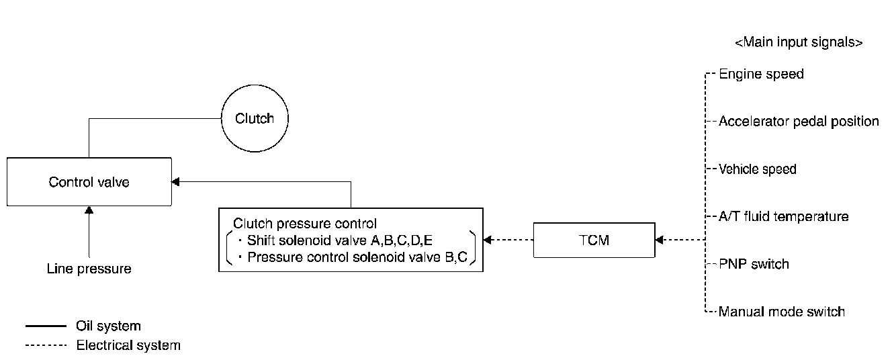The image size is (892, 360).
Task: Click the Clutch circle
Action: [255, 119]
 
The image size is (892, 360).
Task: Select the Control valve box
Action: [89, 182]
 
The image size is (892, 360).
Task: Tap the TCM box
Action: [594, 240]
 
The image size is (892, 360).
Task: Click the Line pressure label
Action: [89, 269]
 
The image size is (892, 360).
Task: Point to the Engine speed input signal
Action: [761, 74]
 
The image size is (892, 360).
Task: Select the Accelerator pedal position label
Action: [799, 122]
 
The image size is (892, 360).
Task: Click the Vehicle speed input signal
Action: [758, 169]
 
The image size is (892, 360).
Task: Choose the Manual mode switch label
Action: [782, 312]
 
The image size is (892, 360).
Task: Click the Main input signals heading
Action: [799, 42]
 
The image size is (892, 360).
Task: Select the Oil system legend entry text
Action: [108, 326]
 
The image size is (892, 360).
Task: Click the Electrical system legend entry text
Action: [128, 346]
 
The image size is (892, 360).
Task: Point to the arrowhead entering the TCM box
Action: [659, 240]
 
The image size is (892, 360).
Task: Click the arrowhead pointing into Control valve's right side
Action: [175, 181]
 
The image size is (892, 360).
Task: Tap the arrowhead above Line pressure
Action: [89, 210]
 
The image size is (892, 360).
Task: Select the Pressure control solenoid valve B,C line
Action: [357, 257]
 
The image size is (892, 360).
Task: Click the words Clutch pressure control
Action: [304, 223]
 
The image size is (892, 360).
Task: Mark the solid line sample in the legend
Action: [46, 326]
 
